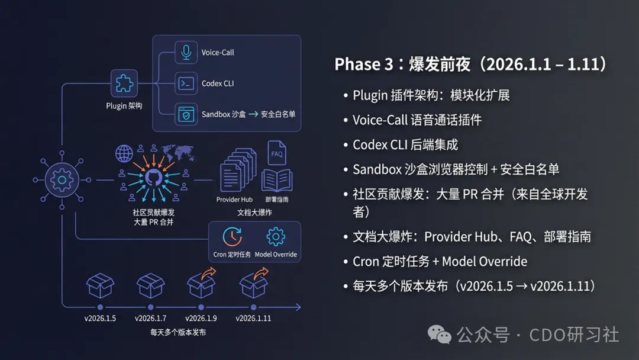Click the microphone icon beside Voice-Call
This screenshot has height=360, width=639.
coord(186,52)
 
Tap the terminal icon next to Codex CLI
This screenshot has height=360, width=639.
coord(186,83)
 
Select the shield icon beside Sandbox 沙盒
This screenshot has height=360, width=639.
coord(186,114)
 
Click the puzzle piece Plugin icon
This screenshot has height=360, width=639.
coord(124,83)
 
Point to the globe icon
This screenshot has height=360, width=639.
coord(124,153)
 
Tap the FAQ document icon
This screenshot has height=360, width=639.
coord(276,153)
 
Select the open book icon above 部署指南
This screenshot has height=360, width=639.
coord(277,180)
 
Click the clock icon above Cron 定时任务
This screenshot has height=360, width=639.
coord(232,237)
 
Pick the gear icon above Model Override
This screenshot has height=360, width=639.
coord(276,237)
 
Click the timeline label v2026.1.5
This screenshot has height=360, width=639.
coord(100,319)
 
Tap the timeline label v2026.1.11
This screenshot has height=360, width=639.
coord(253,319)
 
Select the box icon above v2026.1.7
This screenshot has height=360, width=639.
coord(151,286)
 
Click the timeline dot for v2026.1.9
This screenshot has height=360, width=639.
coord(202,307)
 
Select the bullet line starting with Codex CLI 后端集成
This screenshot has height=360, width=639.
coord(405,144)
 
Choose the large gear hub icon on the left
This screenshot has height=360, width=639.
coord(61,178)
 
